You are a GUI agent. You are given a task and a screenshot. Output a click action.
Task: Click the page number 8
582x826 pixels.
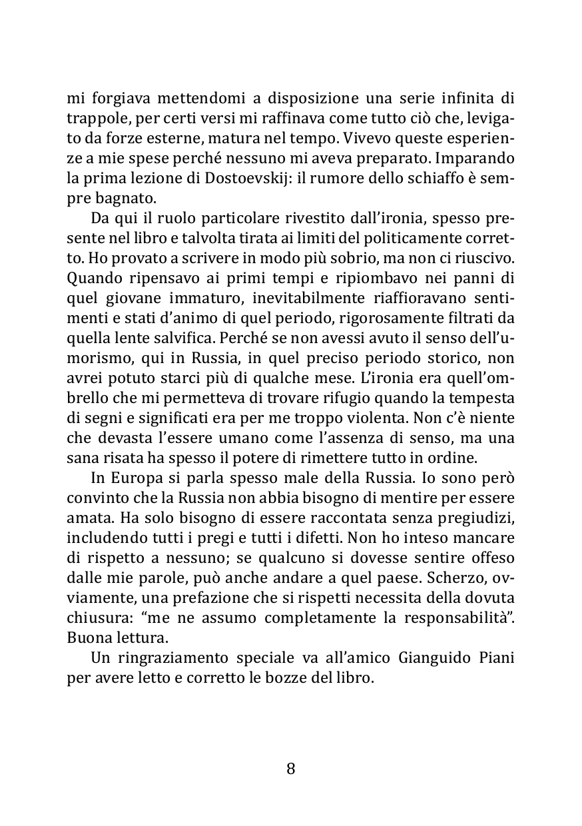tap(290, 769)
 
